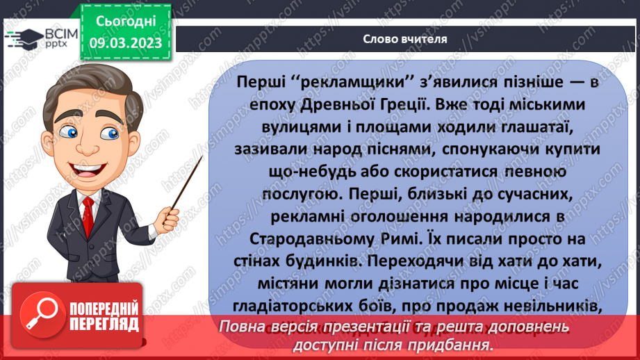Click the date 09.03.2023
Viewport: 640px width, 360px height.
pos(126,43)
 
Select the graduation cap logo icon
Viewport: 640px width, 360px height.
pos(23,37)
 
